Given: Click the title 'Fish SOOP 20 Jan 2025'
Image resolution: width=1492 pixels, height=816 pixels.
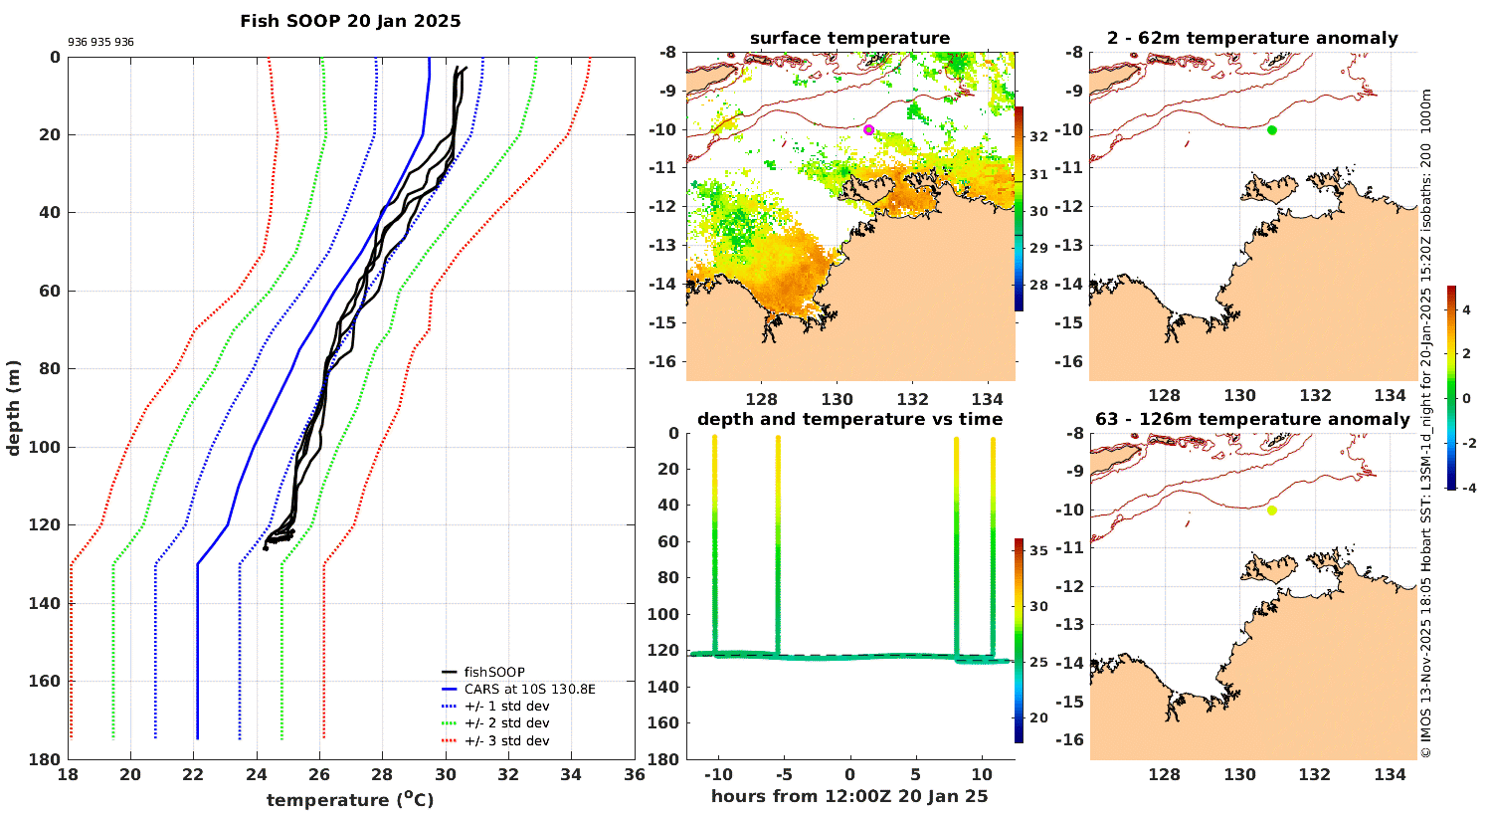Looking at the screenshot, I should pyautogui.click(x=350, y=21).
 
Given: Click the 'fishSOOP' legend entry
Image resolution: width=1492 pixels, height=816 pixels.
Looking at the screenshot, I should pyautogui.click(x=495, y=672).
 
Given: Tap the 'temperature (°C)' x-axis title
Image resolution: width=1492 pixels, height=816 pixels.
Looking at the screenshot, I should pyautogui.click(x=350, y=800).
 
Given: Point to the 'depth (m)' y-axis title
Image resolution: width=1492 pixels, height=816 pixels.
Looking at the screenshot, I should pyautogui.click(x=14, y=408).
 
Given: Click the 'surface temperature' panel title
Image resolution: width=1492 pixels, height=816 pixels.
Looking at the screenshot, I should pyautogui.click(x=849, y=39).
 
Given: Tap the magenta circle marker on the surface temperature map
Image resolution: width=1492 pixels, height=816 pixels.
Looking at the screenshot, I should pyautogui.click(x=868, y=129).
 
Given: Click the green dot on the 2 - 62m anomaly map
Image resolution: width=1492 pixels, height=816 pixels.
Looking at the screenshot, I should pyautogui.click(x=1271, y=129).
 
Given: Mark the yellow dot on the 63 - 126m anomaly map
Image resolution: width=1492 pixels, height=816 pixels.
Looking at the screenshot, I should pyautogui.click(x=1271, y=510).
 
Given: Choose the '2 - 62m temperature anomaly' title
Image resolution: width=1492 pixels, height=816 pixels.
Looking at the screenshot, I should pyautogui.click(x=1252, y=39).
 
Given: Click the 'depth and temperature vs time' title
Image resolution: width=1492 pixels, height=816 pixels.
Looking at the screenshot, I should pyautogui.click(x=849, y=420).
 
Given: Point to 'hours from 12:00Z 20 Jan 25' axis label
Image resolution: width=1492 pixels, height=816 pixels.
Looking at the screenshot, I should pyautogui.click(x=849, y=796).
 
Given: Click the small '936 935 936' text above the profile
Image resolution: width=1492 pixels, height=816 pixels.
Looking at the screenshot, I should pyautogui.click(x=100, y=43).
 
